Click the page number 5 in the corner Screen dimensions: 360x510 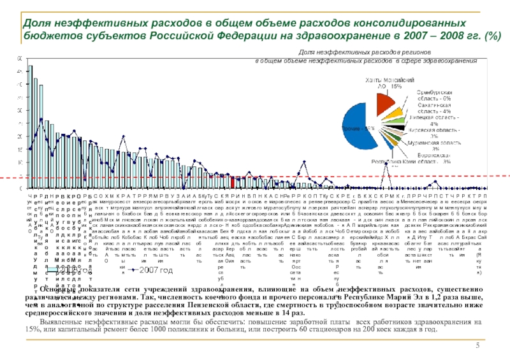point(477,345)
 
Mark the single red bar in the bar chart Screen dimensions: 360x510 point(235,182)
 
